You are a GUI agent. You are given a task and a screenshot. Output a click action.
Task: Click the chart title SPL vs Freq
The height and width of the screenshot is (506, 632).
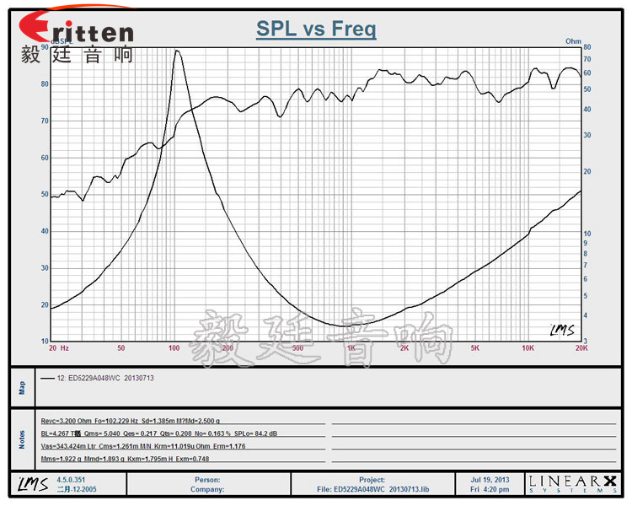pyautogui.click(x=316, y=30)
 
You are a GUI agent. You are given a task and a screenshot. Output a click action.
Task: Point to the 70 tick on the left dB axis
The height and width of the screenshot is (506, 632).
pyautogui.click(x=45, y=121)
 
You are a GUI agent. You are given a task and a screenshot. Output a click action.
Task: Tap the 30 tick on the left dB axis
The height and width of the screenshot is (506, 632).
pyautogui.click(x=45, y=267)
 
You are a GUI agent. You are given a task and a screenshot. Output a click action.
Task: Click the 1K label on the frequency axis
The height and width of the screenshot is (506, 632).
pyautogui.click(x=351, y=347)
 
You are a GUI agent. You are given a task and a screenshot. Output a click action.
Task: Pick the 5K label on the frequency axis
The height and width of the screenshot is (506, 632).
pyautogui.click(x=475, y=347)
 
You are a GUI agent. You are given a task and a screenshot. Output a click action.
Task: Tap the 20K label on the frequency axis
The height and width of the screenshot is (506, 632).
pyautogui.click(x=580, y=347)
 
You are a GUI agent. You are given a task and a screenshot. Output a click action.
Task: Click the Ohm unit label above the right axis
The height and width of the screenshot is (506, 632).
pyautogui.click(x=573, y=40)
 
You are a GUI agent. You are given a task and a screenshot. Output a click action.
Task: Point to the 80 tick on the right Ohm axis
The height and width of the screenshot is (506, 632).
pyautogui.click(x=586, y=48)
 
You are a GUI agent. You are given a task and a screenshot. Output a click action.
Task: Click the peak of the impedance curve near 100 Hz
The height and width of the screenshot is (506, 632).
pyautogui.click(x=177, y=51)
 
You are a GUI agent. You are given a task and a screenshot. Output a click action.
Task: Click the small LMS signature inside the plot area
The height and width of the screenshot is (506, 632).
pyautogui.click(x=562, y=330)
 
